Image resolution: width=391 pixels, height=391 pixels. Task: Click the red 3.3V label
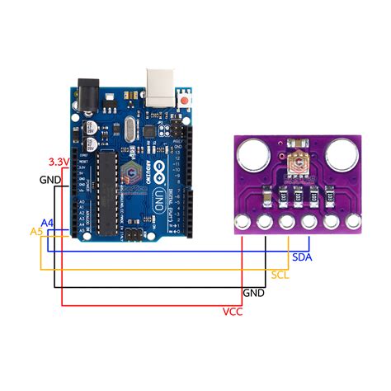tap(58, 162)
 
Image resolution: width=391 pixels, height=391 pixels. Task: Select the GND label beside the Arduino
tap(49, 180)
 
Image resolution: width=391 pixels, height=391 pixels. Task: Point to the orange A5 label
tap(36, 233)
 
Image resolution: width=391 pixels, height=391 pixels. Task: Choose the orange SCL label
tap(280, 273)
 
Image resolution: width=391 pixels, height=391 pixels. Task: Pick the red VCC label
tap(233, 311)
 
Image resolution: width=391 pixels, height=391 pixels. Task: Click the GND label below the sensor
tap(253, 293)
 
